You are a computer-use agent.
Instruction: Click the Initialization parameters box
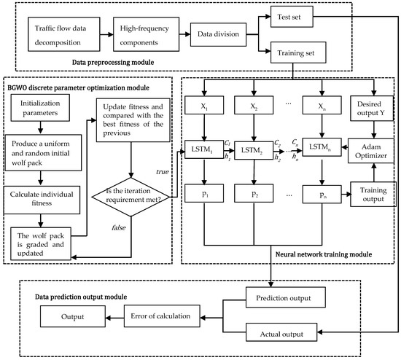(x=45, y=109)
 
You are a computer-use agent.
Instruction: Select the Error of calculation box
(x=170, y=317)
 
